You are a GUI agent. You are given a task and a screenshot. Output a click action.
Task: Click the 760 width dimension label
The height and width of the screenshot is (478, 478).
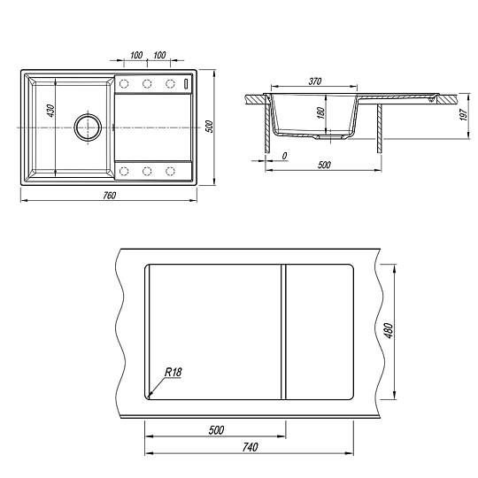pyautogui.click(x=109, y=196)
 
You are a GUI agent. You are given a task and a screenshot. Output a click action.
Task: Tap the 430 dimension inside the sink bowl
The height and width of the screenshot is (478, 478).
pyautogui.click(x=51, y=111)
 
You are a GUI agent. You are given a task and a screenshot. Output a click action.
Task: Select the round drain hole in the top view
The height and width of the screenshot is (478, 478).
pyautogui.click(x=88, y=127)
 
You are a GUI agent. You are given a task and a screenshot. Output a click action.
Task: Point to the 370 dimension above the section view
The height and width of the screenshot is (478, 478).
pyautogui.click(x=315, y=81)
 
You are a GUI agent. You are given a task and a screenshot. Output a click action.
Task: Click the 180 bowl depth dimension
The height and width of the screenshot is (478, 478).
pyautogui.click(x=320, y=112)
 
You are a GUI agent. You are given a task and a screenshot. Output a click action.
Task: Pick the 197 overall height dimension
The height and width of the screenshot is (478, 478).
pyautogui.click(x=464, y=114)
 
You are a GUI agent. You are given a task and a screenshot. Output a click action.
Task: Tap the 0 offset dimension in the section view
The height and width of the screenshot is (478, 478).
pyautogui.click(x=284, y=156)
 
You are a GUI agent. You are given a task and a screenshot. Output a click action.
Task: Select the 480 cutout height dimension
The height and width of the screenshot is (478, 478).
pyautogui.click(x=389, y=330)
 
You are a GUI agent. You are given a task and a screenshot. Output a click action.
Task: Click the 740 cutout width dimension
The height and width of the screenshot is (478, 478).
pyautogui.click(x=250, y=447)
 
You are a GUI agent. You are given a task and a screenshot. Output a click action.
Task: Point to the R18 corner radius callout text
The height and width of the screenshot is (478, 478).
pyautogui.click(x=173, y=372)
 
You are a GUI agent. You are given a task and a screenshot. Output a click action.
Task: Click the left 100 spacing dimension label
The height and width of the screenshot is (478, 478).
pyautogui.click(x=136, y=55)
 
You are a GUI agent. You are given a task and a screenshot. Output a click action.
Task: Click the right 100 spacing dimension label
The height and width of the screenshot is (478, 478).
pyautogui.click(x=159, y=55)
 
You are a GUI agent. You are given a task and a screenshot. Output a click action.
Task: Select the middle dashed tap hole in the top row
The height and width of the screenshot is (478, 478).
pyautogui.click(x=147, y=83)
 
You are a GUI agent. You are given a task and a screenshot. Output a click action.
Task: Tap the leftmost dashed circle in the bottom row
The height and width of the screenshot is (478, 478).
pyautogui.click(x=124, y=171)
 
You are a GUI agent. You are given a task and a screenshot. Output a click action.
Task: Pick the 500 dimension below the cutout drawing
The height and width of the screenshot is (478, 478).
pyautogui.click(x=217, y=430)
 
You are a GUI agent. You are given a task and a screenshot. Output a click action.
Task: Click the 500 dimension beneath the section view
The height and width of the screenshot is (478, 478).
pyautogui.click(x=324, y=165)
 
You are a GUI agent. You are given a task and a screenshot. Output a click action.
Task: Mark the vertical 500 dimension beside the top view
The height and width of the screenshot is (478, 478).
pyautogui.click(x=209, y=127)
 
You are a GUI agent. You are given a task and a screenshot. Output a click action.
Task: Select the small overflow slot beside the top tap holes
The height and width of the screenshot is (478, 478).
pyautogui.click(x=187, y=83)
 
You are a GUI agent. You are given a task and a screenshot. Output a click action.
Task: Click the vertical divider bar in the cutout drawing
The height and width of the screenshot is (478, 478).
pyautogui.click(x=283, y=332)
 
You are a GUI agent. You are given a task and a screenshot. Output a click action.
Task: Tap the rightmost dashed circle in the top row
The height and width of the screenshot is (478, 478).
pyautogui.click(x=170, y=83)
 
